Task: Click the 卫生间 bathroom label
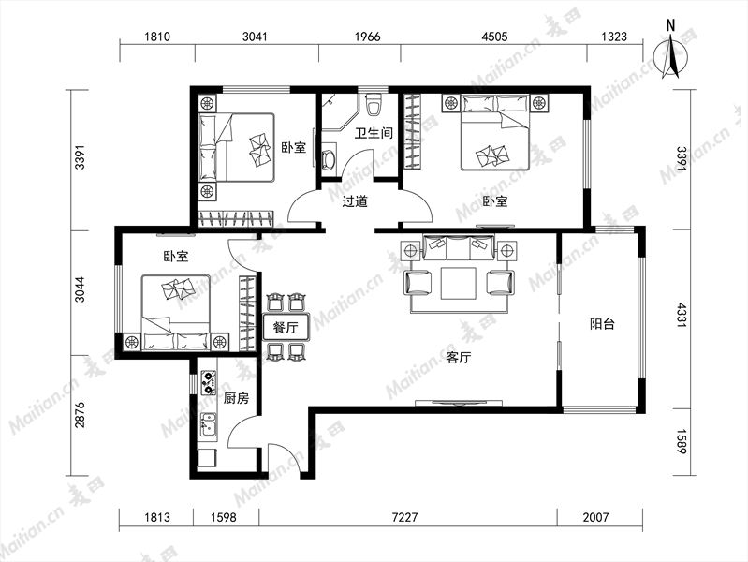374,132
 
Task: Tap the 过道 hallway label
355,201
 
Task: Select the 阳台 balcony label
602,324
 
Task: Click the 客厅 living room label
459,357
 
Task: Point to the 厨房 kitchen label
236,398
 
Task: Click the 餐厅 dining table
286,327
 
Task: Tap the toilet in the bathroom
374,105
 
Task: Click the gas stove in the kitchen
208,383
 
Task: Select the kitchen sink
208,425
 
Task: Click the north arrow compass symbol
670,55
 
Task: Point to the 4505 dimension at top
494,37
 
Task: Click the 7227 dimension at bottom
404,517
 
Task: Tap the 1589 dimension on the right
682,442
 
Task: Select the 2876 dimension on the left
80,414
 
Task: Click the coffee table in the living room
459,284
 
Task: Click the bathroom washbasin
330,159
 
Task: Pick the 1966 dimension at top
368,37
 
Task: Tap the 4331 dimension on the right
682,315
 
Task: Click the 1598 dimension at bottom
223,517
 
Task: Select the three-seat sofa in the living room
459,248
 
